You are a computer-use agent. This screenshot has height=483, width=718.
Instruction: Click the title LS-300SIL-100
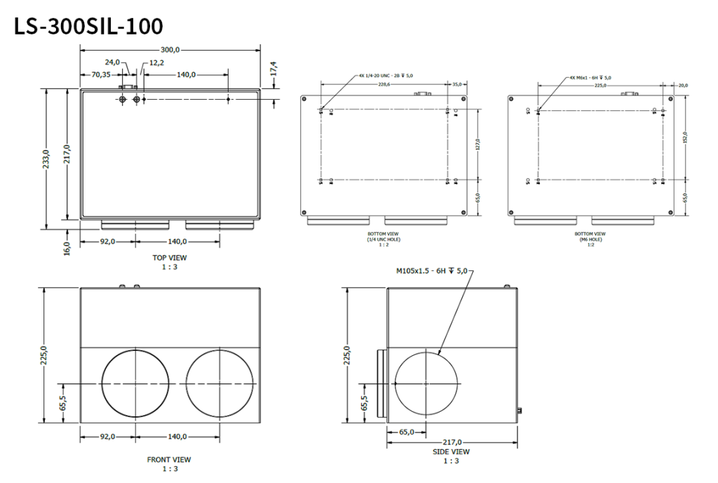(x=88, y=26)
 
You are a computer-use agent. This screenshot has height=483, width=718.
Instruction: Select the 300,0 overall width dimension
(x=170, y=50)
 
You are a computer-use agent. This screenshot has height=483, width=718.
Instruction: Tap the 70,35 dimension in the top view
(x=101, y=74)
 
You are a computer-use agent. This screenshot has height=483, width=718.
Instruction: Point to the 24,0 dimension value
(x=113, y=62)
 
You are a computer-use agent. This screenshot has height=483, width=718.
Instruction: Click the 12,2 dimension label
(x=156, y=62)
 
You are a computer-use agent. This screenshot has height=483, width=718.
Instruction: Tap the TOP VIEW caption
(x=170, y=258)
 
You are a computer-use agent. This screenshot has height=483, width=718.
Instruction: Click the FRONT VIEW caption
(x=168, y=460)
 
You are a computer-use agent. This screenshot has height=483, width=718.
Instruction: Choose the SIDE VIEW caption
(x=451, y=452)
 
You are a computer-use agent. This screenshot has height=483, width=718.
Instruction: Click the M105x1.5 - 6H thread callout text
(x=431, y=270)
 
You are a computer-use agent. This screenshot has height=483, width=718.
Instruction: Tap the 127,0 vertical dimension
(x=477, y=145)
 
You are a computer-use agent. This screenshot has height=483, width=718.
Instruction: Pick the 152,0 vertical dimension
(x=685, y=138)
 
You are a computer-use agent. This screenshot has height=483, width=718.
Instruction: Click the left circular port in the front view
(x=135, y=383)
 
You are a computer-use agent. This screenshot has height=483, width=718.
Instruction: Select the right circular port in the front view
(x=219, y=383)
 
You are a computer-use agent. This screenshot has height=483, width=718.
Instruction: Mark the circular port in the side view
(x=426, y=383)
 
